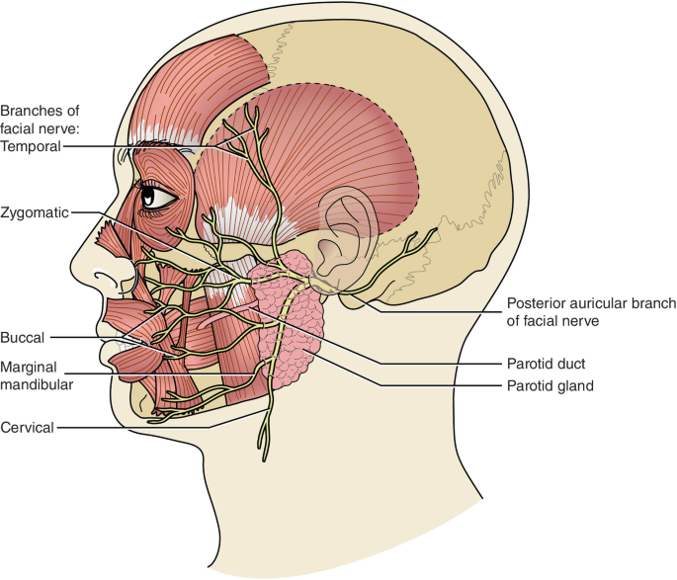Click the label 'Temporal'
point(32,145)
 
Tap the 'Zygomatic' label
point(35,211)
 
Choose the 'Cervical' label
point(29,427)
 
